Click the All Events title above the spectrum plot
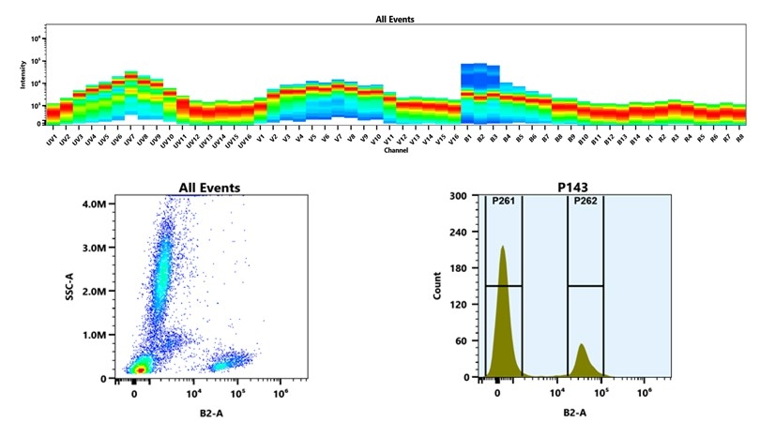click(x=394, y=19)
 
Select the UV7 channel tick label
click(x=129, y=139)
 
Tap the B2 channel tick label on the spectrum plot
click(x=479, y=138)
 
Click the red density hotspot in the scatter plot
click(x=140, y=370)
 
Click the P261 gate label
click(x=503, y=201)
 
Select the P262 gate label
click(x=585, y=201)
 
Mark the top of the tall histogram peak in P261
click(x=503, y=248)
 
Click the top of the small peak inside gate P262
click(x=582, y=345)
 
